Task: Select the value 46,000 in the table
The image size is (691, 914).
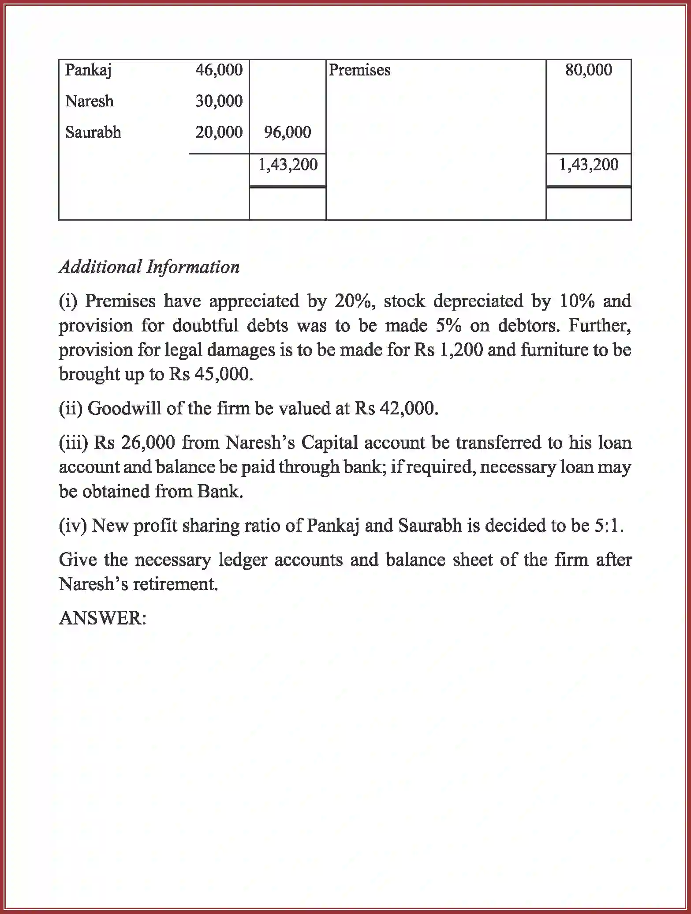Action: pos(219,70)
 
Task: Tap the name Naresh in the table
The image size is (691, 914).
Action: pos(89,102)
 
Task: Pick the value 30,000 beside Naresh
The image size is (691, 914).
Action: pos(219,102)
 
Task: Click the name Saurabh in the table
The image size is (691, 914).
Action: pos(93,132)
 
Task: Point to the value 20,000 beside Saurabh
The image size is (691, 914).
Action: pos(219,132)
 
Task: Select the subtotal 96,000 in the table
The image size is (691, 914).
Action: pos(288,132)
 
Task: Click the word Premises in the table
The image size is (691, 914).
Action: pos(359,70)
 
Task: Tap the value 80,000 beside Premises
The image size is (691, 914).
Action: pos(589,70)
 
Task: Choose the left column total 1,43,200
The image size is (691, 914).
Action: pos(288,165)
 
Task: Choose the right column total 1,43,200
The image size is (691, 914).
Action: pos(589,165)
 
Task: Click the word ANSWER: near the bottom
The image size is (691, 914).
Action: pos(102,618)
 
